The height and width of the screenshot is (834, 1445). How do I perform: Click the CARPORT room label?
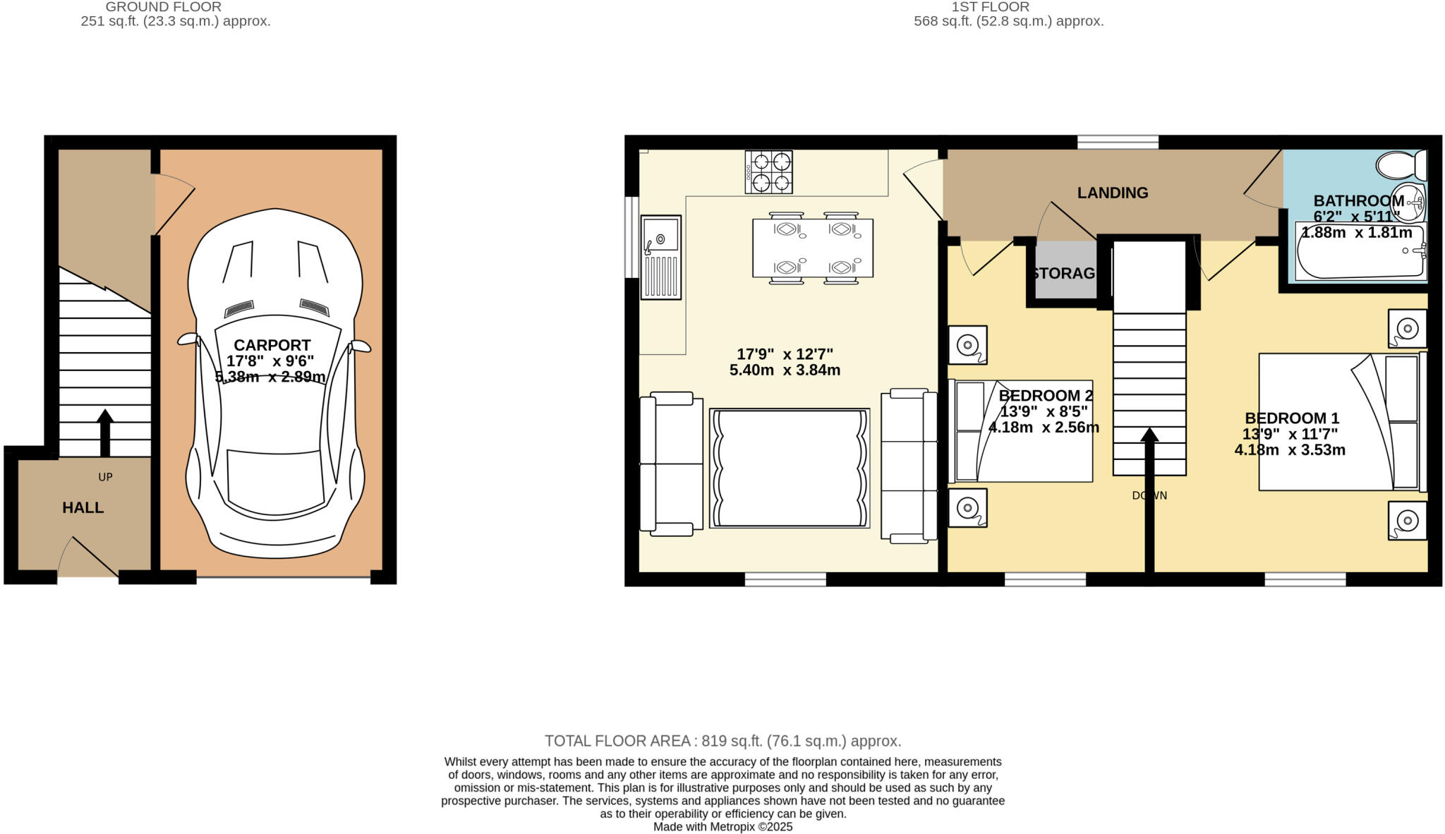point(272,346)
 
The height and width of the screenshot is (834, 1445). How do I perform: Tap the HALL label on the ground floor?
point(83,508)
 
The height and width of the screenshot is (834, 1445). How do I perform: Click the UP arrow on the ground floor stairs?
point(105,432)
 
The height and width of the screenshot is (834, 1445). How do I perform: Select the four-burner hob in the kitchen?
point(768,172)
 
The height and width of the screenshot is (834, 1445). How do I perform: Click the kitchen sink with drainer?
point(661,258)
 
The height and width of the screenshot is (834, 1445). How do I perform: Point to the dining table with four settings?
point(812,248)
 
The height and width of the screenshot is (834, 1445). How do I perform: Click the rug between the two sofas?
point(789,468)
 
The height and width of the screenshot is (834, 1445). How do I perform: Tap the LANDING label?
point(1112,193)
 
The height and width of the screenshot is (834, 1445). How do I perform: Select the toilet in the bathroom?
point(1400,166)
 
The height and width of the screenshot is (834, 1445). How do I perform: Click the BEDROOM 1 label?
point(1291,418)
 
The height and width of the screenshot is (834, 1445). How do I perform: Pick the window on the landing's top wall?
point(1118,142)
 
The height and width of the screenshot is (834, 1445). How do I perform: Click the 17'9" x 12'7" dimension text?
point(785,354)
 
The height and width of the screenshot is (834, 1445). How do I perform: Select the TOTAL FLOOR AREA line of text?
point(722,741)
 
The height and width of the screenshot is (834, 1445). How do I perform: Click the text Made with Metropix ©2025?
point(722,827)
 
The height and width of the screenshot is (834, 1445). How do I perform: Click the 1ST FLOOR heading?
point(990,7)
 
